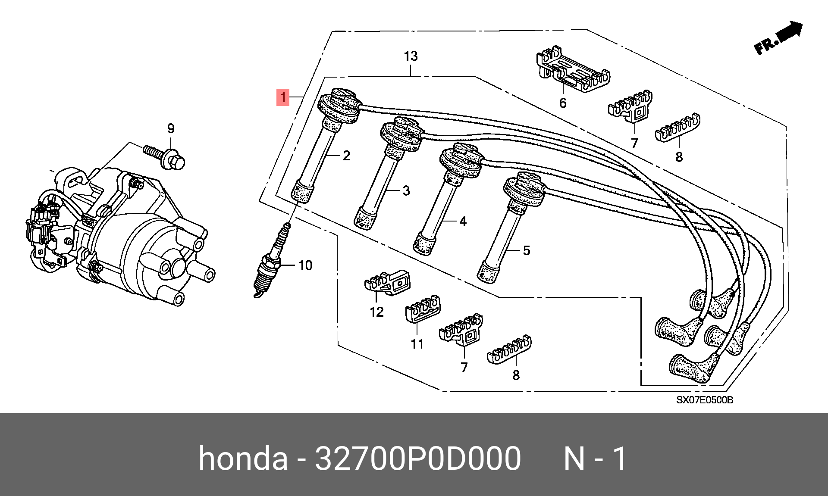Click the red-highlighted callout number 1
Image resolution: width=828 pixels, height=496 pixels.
283,97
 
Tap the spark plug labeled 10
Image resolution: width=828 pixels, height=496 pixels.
270,261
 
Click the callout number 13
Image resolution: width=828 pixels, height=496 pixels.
411,56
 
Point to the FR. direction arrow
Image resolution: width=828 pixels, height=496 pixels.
779,38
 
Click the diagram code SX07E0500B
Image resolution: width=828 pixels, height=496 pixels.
704,399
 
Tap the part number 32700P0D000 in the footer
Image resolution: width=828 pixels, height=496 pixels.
418,459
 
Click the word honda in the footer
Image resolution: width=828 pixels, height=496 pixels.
243,459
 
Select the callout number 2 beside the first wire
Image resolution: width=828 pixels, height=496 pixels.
346,156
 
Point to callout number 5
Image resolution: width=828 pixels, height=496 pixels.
526,250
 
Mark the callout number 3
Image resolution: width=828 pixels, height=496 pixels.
406,190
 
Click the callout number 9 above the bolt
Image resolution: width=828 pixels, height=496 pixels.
171,128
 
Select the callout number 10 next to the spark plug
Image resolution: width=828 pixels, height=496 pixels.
305,265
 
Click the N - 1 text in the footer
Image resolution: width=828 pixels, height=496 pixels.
595,459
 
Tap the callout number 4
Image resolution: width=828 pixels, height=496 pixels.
463,221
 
